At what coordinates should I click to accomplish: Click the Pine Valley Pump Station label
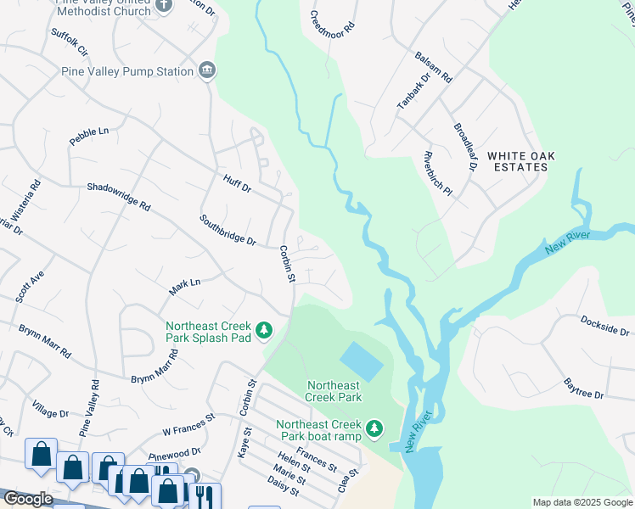127,72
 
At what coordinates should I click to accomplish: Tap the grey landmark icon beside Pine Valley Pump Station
206,70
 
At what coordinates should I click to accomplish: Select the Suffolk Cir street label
70,42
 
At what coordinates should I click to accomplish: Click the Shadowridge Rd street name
118,196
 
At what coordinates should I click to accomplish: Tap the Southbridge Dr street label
228,230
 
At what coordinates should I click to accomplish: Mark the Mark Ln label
184,287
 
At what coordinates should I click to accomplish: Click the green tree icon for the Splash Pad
264,330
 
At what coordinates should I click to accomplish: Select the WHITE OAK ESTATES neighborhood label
517,161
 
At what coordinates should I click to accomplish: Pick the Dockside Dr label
605,325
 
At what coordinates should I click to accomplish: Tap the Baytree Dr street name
583,389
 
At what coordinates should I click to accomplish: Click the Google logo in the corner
27,499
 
